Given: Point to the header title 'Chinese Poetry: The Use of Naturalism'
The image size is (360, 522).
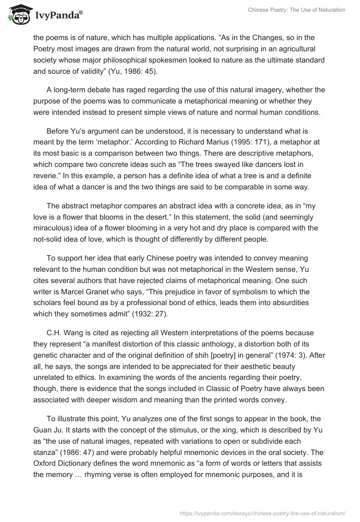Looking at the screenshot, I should tap(297, 10).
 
